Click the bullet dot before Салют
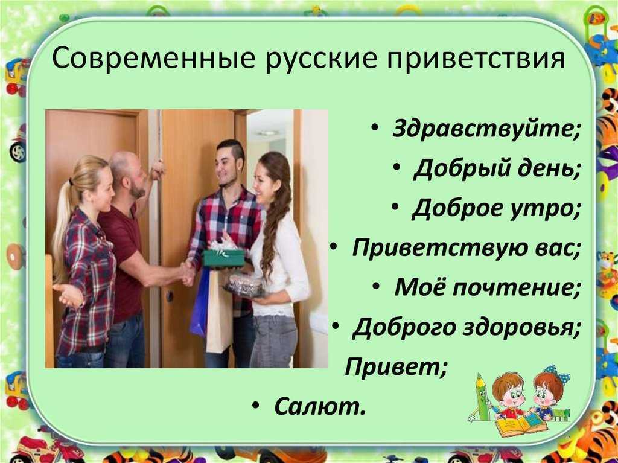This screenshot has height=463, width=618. click(x=256, y=406)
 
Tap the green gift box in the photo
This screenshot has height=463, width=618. click(x=224, y=258)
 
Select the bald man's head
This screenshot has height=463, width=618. click(x=126, y=173)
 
